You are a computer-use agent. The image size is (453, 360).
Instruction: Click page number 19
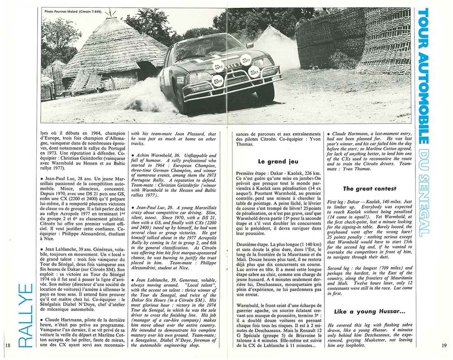(x=443, y=346)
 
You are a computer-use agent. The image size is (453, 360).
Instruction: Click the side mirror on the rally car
(x=249, y=45)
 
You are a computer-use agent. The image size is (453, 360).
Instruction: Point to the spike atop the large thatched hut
(x=109, y=14)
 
